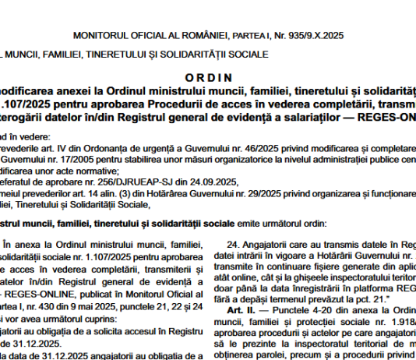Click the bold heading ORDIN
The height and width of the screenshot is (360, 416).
[x=209, y=77]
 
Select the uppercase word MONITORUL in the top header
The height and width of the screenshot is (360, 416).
[x=99, y=36]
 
